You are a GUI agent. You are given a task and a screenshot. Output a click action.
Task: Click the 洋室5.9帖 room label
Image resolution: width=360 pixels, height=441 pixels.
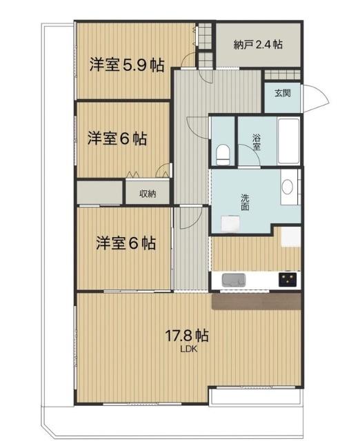click(x=126, y=65)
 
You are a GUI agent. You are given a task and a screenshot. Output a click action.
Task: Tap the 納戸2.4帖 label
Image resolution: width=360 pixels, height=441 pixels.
click(x=257, y=45)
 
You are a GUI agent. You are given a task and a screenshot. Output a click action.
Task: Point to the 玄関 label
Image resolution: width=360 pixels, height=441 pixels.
click(x=281, y=93)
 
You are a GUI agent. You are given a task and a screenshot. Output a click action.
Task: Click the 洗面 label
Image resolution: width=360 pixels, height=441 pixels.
click(x=246, y=201)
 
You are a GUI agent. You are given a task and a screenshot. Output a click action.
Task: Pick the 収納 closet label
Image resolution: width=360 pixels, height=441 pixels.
click(x=147, y=194)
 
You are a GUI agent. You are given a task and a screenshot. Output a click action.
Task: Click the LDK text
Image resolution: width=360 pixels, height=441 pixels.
click(x=188, y=349)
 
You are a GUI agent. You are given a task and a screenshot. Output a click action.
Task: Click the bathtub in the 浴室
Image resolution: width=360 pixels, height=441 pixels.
click(x=288, y=141)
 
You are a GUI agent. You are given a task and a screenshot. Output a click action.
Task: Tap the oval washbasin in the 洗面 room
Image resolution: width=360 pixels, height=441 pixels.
click(x=288, y=186)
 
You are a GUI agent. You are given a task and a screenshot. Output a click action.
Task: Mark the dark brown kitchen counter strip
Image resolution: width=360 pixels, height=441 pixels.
click(x=257, y=301)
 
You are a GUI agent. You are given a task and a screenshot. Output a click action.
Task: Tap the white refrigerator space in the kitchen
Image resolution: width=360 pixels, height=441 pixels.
click(x=291, y=236)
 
